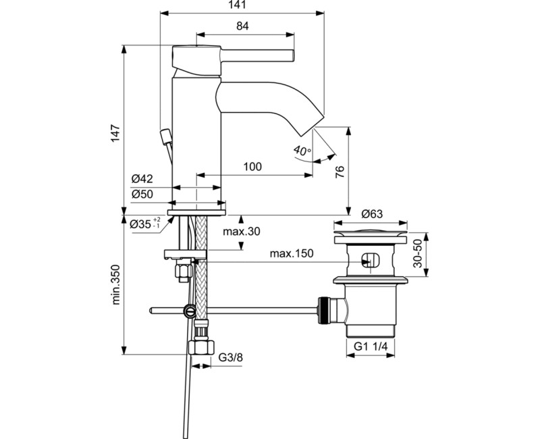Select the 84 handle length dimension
[243, 26]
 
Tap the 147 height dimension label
[116, 133]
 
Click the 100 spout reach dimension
[252, 166]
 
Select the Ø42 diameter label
[142, 179]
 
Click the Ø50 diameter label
[142, 194]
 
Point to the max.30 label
[242, 232]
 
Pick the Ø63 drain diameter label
[372, 214]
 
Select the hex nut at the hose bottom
[200, 348]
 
